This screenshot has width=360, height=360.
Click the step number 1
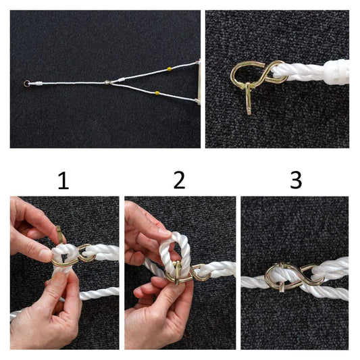click(x=63, y=181)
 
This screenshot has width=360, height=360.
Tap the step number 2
click(x=179, y=181)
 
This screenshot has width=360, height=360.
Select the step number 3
click(x=296, y=181)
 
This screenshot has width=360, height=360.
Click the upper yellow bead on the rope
click(x=170, y=69)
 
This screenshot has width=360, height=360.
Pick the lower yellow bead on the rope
click(x=157, y=93)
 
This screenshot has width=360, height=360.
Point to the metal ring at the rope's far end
click(x=26, y=83)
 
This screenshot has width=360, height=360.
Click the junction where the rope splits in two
click(x=107, y=82)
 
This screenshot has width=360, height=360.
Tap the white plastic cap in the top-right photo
click(x=336, y=72)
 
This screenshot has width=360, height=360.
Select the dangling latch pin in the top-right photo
click(x=249, y=99)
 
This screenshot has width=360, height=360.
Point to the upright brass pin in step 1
click(x=59, y=234)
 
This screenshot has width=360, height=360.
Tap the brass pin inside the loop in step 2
click(x=178, y=272)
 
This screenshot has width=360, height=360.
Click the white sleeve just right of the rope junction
click(x=121, y=80)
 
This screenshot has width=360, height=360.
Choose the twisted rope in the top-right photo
click(x=300, y=72)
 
